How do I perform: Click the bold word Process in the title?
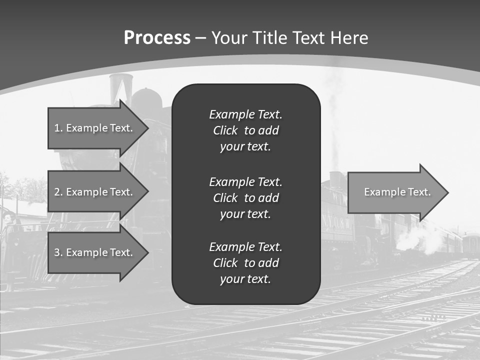click(157, 38)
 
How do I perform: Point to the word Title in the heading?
click(270, 38)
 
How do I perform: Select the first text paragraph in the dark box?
click(245, 130)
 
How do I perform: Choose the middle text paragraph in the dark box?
click(245, 198)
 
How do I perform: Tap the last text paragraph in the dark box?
click(245, 263)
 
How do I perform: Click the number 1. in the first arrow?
click(58, 128)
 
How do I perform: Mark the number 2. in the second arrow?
click(58, 192)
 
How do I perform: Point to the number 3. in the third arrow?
click(58, 252)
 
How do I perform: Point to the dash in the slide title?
click(200, 38)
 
